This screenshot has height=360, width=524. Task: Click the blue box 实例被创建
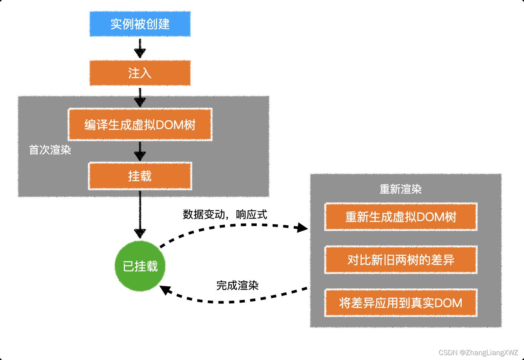140,24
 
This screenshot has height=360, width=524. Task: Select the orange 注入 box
140,73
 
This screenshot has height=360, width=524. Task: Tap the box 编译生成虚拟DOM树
140,125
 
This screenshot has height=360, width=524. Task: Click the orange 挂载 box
140,176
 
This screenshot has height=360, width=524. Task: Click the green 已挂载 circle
140,266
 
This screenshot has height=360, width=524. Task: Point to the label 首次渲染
50,150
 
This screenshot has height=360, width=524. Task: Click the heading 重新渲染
401,189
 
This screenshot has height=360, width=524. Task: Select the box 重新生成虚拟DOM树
401,217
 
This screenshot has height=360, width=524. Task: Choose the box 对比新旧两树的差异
401,260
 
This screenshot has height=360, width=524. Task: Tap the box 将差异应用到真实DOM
401,303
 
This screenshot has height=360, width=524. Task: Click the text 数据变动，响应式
225,214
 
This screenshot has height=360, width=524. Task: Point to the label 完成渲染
237,285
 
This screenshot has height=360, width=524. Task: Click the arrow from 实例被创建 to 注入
140,48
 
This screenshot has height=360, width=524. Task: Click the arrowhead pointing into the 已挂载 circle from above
140,233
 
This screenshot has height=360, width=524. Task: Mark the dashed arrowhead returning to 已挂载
165,291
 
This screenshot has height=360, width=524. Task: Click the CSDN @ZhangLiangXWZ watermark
478,352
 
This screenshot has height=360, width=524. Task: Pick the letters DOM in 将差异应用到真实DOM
448,303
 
